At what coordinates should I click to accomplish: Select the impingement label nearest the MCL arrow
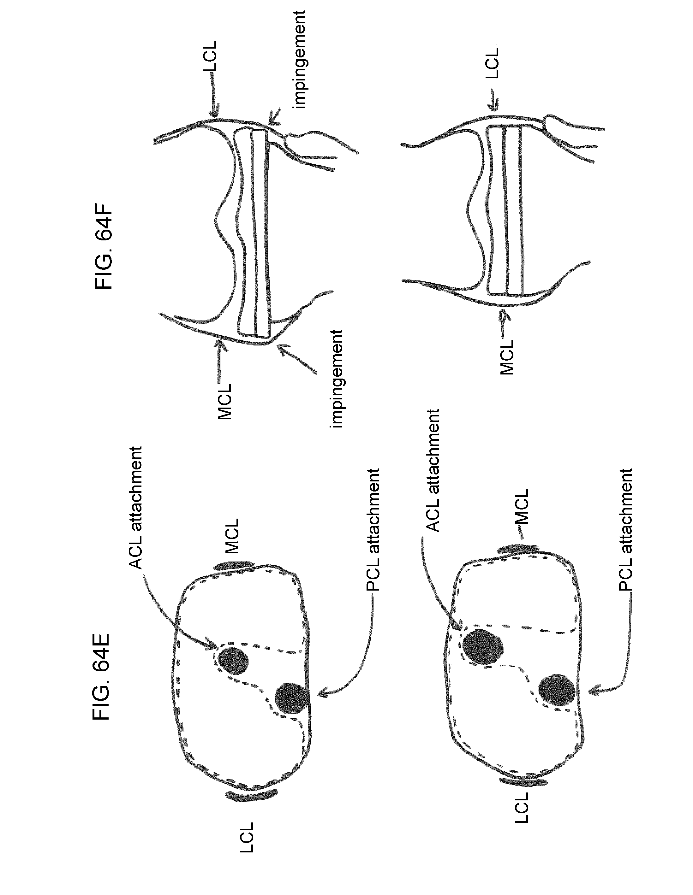point(337,378)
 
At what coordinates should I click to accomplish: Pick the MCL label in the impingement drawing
point(225,402)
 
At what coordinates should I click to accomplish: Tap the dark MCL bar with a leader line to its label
point(518,548)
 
